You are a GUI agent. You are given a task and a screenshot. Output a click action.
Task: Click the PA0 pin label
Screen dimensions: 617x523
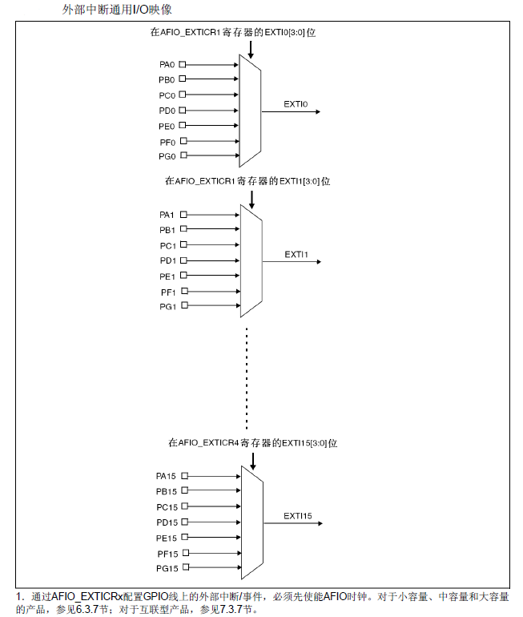(167, 64)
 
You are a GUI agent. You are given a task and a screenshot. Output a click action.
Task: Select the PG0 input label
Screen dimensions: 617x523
(167, 156)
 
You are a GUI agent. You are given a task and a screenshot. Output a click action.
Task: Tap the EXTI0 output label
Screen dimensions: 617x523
(296, 104)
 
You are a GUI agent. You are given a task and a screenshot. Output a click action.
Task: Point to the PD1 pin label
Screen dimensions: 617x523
(167, 260)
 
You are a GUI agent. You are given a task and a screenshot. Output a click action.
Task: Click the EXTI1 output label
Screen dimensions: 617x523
(296, 254)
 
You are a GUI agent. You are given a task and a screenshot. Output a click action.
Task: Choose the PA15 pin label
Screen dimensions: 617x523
(166, 476)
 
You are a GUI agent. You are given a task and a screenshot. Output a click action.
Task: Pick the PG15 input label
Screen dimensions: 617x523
(166, 568)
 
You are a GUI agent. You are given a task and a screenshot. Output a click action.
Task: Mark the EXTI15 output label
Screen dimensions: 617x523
(297, 516)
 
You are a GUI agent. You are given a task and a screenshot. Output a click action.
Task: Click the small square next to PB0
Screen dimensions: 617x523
(183, 79)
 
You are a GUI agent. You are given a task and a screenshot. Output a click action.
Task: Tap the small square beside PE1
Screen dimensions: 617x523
(183, 276)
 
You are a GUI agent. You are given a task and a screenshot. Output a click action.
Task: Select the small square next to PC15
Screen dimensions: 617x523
(184, 506)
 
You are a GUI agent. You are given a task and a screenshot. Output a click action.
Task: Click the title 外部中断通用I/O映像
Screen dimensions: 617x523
(117, 10)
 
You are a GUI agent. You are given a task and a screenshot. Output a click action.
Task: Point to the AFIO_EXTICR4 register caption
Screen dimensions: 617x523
(253, 443)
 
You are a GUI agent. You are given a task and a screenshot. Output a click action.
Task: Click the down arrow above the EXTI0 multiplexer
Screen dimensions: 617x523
(251, 49)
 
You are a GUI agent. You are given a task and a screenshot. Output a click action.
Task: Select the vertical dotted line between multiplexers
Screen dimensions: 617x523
(247, 377)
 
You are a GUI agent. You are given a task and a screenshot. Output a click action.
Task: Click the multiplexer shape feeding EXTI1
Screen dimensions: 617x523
(251, 260)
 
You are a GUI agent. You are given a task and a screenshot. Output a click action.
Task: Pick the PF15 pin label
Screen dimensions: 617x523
(166, 553)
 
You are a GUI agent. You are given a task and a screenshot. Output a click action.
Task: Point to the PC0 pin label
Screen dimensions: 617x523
(167, 95)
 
